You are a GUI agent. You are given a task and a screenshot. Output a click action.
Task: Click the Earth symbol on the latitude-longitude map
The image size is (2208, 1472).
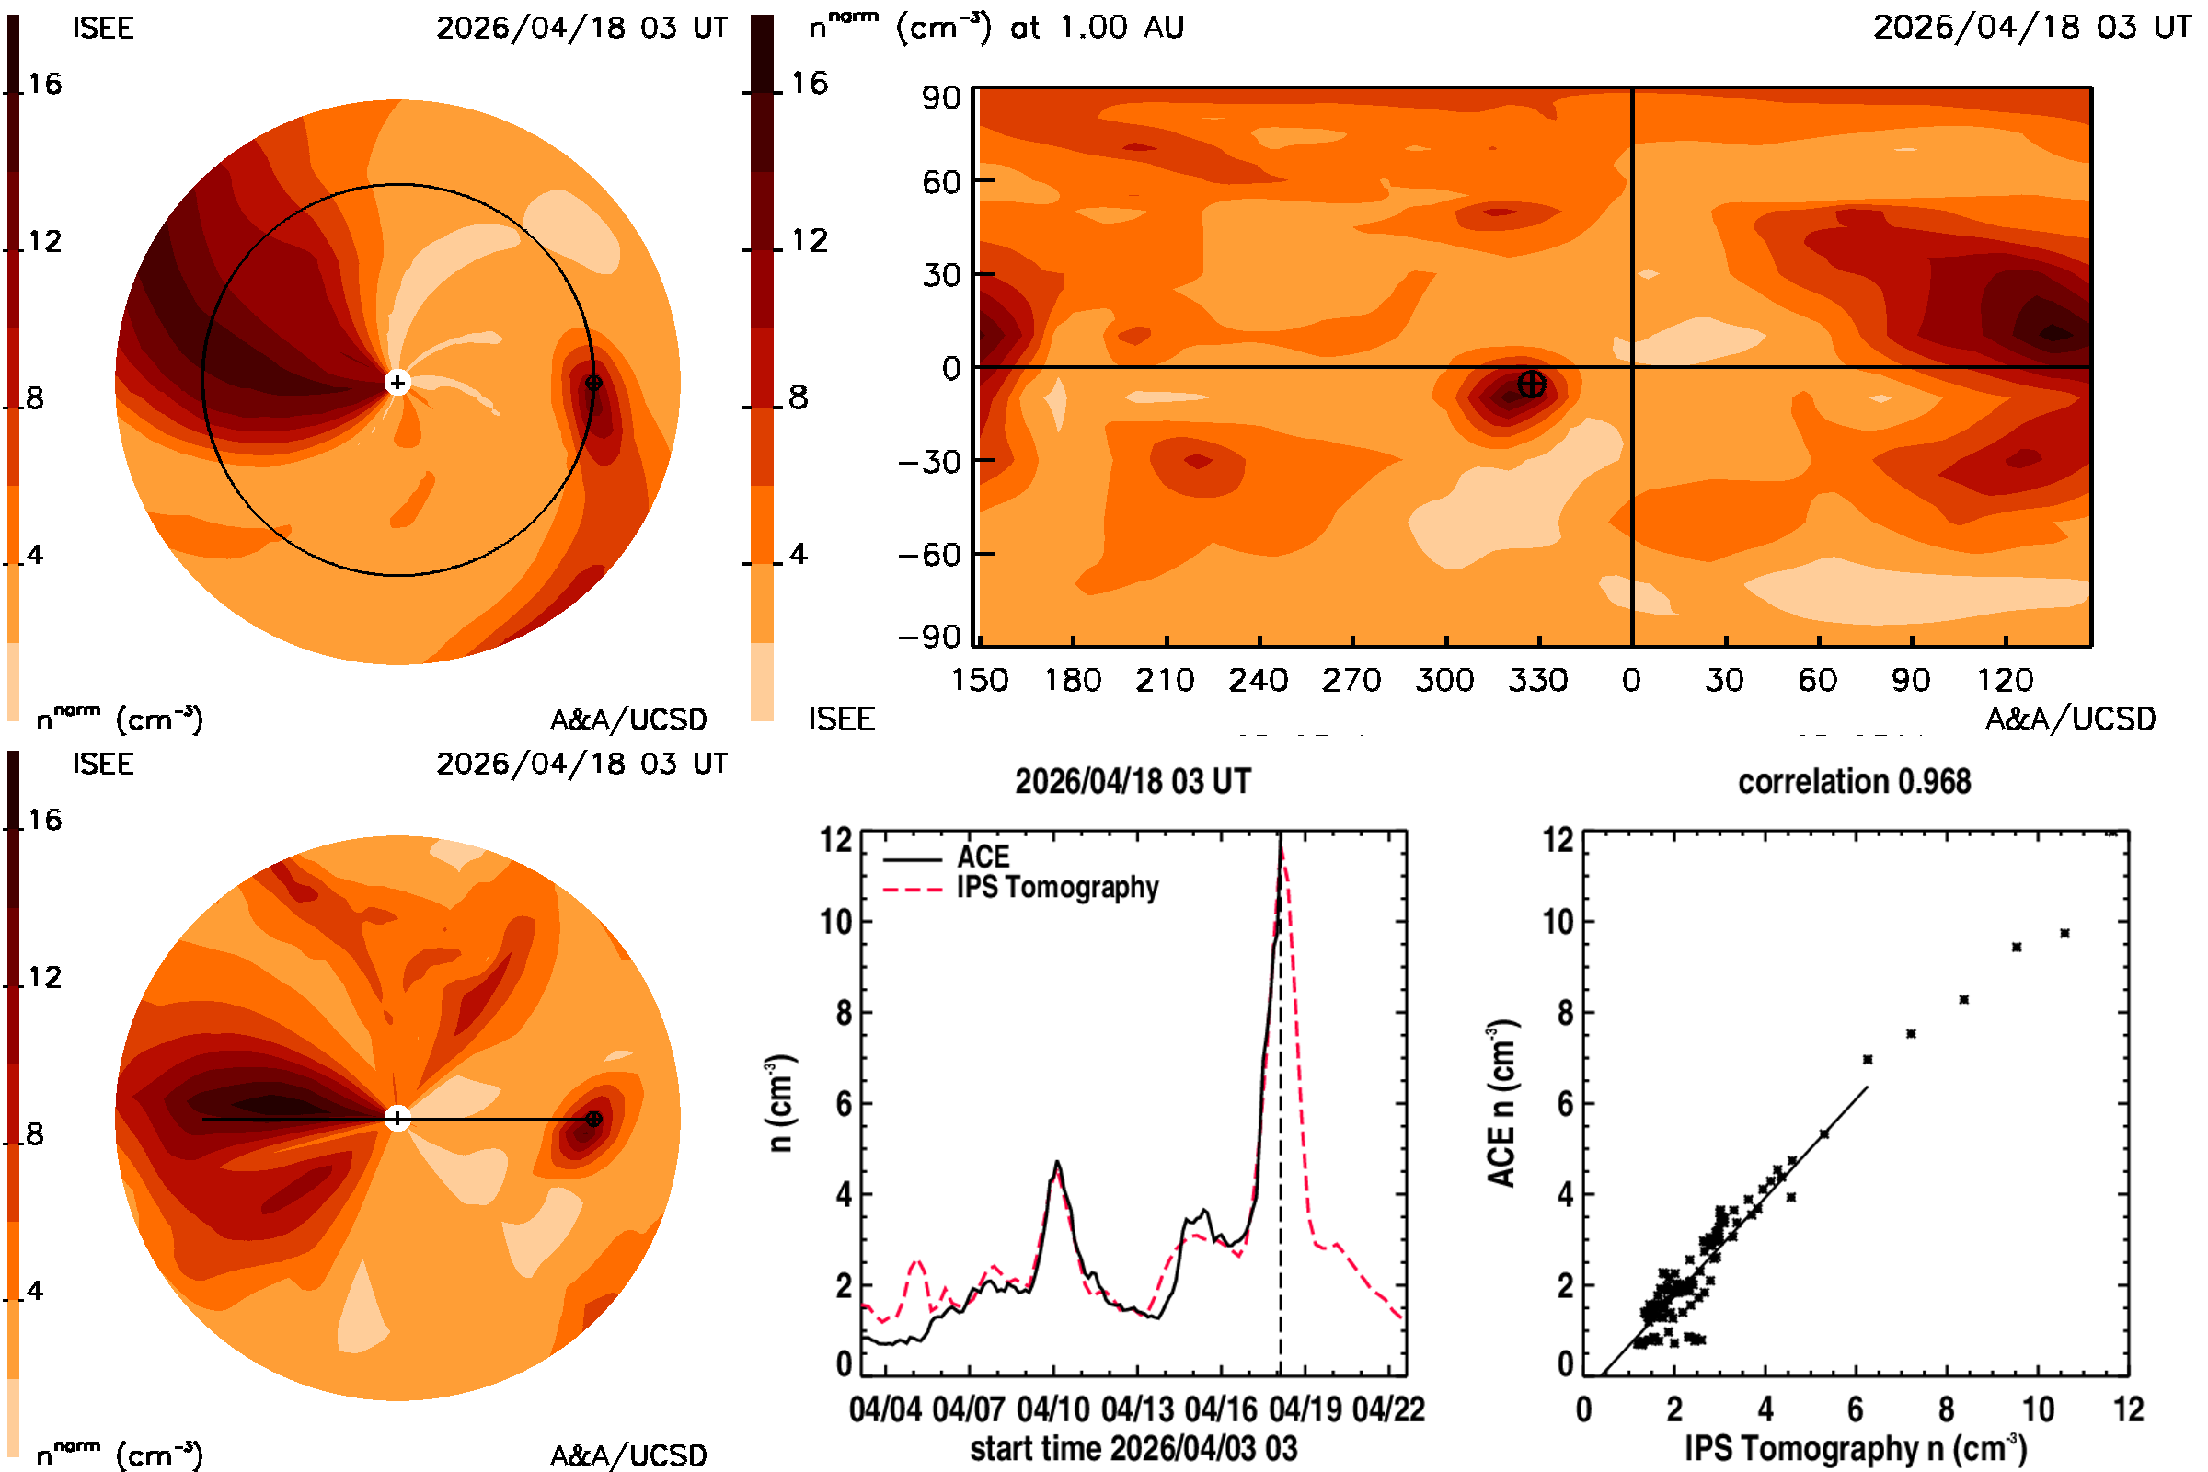tap(1531, 384)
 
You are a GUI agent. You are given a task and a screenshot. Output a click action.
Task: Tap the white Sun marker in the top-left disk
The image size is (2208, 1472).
tap(398, 383)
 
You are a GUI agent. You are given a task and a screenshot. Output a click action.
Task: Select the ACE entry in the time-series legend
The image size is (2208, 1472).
tap(983, 857)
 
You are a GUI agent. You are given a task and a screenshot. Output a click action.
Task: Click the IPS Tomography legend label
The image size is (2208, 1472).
tap(1057, 888)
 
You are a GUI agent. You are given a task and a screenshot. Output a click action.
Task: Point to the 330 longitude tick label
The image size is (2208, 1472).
tap(1537, 680)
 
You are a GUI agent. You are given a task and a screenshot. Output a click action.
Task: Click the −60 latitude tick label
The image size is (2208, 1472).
tap(929, 555)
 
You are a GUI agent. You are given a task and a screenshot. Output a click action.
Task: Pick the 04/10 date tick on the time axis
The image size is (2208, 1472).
tap(1053, 1409)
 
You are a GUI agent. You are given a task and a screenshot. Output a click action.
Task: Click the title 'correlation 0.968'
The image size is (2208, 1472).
tap(1854, 782)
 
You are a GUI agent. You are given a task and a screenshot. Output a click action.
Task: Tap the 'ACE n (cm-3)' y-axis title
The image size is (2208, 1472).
tap(1502, 1103)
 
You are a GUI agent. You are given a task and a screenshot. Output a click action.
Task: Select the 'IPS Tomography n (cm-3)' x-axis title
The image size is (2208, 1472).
tap(1855, 1448)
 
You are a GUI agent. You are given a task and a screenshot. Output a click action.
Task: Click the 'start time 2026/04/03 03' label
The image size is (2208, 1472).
tap(1133, 1448)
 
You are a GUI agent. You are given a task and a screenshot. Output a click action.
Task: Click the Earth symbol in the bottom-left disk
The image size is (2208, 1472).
tap(593, 1119)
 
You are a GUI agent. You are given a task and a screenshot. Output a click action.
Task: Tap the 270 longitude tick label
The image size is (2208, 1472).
tap(1351, 680)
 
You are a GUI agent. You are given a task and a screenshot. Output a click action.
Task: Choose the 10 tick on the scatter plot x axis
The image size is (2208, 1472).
tap(2037, 1409)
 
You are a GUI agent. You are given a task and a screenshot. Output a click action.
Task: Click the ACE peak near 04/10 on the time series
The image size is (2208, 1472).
tap(1058, 1162)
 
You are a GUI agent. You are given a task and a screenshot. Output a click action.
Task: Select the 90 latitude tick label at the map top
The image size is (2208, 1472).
tap(940, 98)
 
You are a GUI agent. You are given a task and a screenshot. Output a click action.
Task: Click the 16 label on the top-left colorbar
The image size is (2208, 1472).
tap(44, 84)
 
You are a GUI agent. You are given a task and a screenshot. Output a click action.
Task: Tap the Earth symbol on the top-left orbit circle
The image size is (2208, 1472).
tap(593, 383)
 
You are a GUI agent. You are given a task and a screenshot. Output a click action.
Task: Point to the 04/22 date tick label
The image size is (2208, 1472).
tap(1388, 1409)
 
